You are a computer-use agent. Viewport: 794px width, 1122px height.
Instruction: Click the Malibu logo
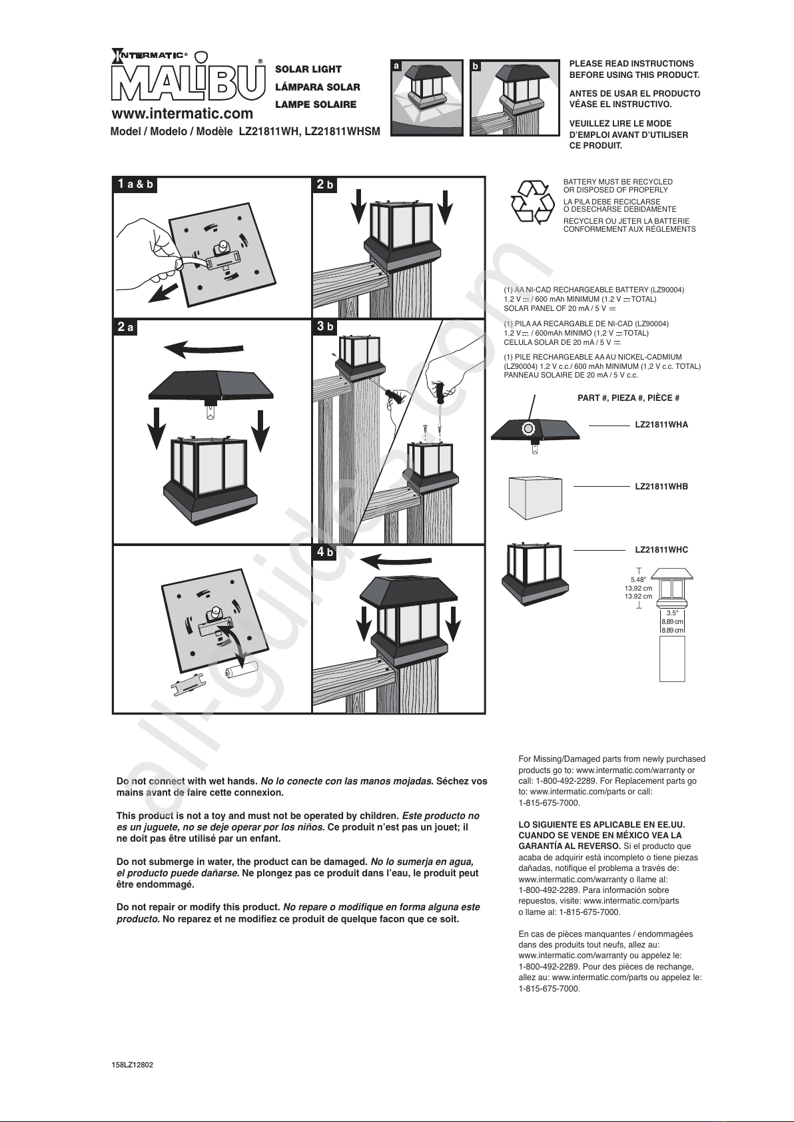tap(188, 79)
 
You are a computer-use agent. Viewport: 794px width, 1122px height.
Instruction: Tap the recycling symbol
tap(532, 202)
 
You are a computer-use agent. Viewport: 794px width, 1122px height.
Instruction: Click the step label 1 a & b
tap(135, 184)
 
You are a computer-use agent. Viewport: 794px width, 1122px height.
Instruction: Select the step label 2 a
tap(126, 327)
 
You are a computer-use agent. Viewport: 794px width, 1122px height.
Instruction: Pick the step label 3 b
tap(325, 326)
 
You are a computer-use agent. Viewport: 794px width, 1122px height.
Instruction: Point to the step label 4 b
tap(325, 552)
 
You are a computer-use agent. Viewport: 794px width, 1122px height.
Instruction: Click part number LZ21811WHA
tap(661, 425)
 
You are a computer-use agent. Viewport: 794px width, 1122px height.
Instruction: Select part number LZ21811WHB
tap(661, 486)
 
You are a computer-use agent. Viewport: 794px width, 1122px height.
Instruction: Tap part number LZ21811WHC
tap(661, 550)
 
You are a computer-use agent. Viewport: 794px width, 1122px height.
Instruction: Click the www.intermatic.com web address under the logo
tap(183, 114)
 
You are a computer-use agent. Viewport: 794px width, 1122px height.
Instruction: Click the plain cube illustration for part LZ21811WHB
tap(535, 498)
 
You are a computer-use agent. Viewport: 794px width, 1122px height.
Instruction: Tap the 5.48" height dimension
tap(639, 579)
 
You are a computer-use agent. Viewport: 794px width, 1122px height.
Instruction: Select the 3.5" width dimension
tap(672, 613)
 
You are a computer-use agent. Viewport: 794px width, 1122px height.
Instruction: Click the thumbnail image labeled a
tap(427, 98)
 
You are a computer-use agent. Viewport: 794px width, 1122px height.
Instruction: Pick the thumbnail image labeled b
tap(514, 98)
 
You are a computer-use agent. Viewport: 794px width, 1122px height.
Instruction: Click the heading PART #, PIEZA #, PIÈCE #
tap(629, 398)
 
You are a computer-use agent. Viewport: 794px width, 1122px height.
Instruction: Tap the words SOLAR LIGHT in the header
tap(308, 70)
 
